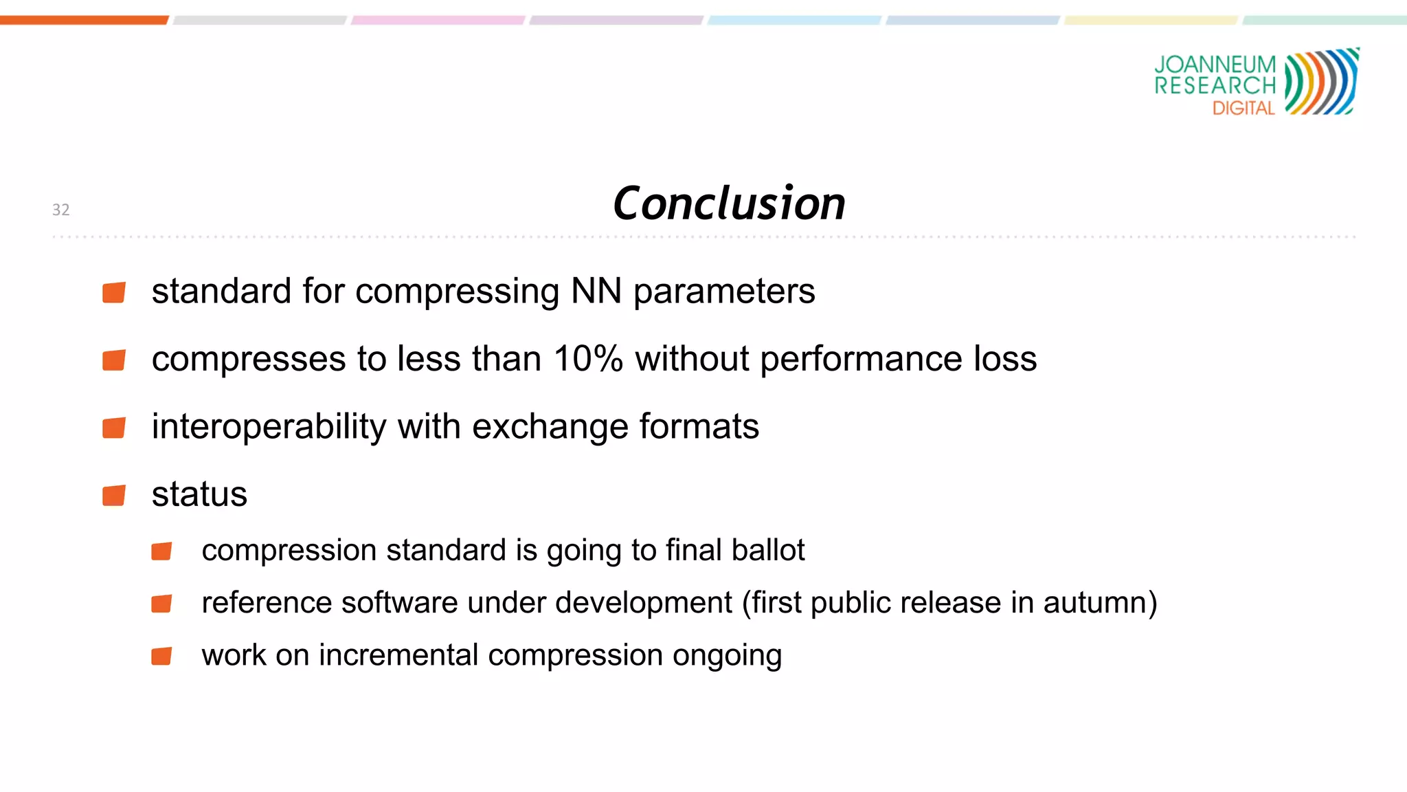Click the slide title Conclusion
tap(729, 203)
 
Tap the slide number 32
tap(61, 210)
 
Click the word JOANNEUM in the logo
tap(1215, 65)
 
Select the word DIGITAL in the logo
tap(1243, 108)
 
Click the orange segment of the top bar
tap(84, 20)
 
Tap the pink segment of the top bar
tap(438, 20)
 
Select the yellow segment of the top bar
tap(1151, 20)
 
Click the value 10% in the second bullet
tap(588, 359)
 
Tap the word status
tap(199, 494)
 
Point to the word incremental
tap(398, 654)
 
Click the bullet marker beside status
tap(114, 495)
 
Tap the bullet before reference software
tap(161, 604)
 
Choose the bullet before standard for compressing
tap(114, 292)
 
